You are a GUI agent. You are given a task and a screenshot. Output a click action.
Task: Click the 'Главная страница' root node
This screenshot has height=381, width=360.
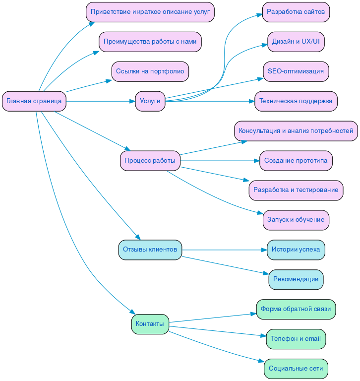coord(34,101)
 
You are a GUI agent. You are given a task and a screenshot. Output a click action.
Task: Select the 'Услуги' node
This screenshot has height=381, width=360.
coord(150,101)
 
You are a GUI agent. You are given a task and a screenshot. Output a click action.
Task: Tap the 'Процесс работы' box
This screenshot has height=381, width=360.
coord(150,161)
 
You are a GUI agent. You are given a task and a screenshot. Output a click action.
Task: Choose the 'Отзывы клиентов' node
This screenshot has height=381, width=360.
coord(150,250)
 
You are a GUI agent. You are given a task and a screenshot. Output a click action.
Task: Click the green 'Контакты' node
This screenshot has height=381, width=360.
coord(150,324)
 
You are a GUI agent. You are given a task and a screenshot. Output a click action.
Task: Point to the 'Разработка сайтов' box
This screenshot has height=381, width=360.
coord(296,12)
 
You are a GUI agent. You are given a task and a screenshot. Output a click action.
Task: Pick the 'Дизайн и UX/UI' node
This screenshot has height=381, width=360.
coord(296,42)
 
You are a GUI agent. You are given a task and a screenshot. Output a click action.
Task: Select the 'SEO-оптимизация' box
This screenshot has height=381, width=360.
coord(296,71)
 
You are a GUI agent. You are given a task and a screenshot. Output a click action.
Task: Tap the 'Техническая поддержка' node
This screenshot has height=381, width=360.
coord(296,101)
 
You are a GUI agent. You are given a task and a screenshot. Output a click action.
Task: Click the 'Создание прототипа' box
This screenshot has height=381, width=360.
coord(296,161)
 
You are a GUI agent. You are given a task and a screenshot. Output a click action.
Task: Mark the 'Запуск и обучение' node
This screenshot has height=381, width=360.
coord(296,220)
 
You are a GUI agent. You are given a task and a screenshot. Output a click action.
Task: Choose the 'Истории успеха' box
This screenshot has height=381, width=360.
coord(296,250)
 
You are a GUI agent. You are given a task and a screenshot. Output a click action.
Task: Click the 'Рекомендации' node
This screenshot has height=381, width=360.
coord(296,279)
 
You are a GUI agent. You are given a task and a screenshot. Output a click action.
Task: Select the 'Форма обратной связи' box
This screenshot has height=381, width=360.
coord(296,309)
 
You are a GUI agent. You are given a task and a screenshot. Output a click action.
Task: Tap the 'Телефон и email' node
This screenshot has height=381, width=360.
coord(296,339)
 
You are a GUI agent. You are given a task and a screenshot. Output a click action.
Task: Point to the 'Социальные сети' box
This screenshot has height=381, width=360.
coord(296,369)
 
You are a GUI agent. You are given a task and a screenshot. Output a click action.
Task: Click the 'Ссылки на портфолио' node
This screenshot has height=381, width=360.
coord(150,71)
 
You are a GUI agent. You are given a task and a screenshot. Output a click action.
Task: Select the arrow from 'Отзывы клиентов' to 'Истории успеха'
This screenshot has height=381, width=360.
coord(223,250)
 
